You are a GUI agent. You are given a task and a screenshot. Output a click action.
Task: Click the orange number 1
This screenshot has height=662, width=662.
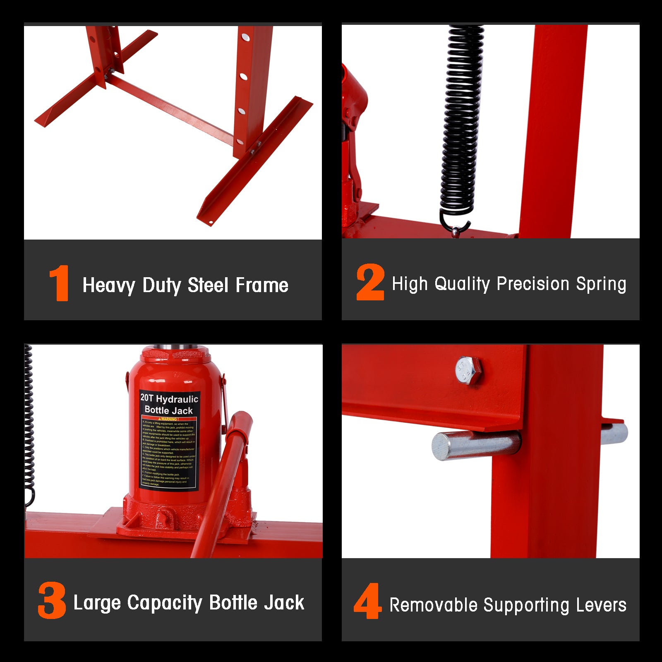coord(59,283)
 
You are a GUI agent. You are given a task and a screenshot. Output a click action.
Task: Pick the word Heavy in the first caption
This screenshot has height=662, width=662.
coord(109,285)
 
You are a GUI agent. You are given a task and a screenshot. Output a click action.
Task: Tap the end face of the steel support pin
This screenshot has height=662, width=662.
coord(441,447)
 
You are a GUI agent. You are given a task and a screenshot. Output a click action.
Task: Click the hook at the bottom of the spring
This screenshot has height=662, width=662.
coord(455,227)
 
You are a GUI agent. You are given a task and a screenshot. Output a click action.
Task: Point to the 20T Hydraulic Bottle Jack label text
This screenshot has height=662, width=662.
coord(169,404)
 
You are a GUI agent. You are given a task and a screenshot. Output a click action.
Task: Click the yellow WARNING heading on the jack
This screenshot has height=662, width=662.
coord(169,419)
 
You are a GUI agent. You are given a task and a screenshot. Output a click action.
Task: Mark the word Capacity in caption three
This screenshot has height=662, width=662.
coord(165,603)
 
